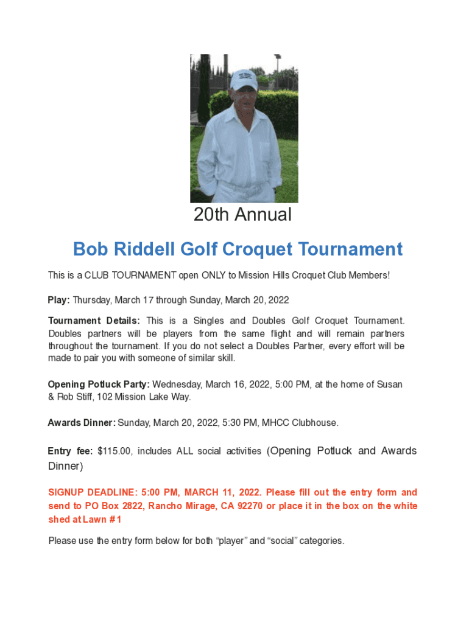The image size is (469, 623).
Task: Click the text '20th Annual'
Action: click(x=242, y=214)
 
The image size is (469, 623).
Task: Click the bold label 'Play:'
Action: click(x=59, y=300)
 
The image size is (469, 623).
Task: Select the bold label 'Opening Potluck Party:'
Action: click(x=99, y=385)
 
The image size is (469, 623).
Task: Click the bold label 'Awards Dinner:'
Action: click(x=82, y=422)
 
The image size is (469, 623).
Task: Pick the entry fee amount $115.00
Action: click(x=115, y=451)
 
